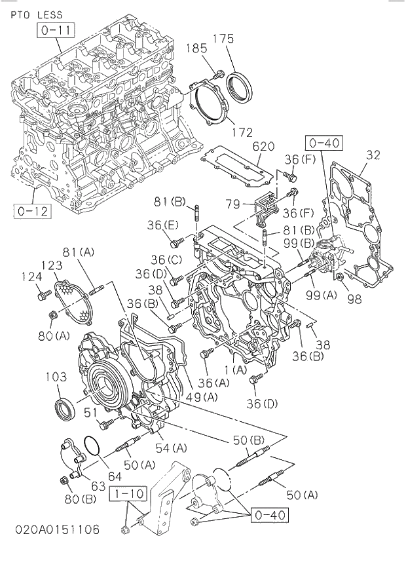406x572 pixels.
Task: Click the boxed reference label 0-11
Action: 57,30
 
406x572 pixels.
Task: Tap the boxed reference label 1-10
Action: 128,492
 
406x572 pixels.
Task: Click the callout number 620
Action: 263,146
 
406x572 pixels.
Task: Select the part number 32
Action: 373,155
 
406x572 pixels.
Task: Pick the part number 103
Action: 57,377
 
